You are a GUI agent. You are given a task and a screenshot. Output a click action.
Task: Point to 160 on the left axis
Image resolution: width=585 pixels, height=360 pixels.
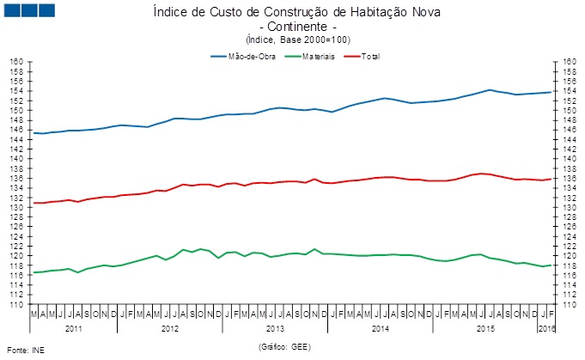click(x=15, y=62)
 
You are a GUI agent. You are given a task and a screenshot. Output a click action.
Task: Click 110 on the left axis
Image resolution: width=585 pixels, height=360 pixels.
click(x=15, y=304)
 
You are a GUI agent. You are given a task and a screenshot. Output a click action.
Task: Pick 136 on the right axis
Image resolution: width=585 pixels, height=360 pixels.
click(x=568, y=179)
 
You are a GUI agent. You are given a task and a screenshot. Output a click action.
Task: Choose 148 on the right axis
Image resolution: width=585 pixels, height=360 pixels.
click(x=568, y=120)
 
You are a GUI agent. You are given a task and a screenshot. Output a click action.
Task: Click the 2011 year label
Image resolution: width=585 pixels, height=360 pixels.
click(x=74, y=328)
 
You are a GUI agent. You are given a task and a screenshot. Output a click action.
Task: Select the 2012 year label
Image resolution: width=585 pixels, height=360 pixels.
click(x=169, y=328)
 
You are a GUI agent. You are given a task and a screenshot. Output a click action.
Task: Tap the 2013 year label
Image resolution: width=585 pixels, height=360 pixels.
click(x=275, y=328)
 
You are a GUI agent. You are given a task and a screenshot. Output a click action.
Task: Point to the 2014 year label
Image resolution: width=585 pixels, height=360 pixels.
click(x=381, y=328)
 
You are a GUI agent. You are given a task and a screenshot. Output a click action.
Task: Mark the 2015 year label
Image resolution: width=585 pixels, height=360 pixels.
click(x=485, y=328)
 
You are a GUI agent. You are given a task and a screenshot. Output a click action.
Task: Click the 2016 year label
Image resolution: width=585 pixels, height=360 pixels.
click(x=547, y=328)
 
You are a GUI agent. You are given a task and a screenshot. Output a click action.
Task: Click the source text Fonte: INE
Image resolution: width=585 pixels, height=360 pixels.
click(x=26, y=351)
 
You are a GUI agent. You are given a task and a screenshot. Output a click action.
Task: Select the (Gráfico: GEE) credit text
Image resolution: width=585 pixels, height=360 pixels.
click(x=292, y=345)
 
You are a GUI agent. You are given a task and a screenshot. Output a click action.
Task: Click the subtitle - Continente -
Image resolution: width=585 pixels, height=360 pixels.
click(x=292, y=27)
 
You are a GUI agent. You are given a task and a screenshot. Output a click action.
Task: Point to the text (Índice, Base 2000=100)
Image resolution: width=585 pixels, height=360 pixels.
click(x=292, y=40)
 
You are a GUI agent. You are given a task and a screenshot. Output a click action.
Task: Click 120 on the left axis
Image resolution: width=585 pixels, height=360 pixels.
click(x=15, y=256)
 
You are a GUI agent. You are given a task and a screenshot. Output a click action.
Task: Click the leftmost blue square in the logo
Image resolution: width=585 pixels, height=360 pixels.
click(x=10, y=11)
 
